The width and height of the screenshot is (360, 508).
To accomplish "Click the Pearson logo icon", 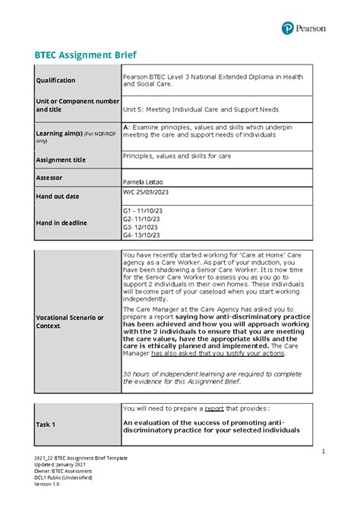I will (288, 28).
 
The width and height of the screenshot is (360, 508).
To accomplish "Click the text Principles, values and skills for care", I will (178, 156).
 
